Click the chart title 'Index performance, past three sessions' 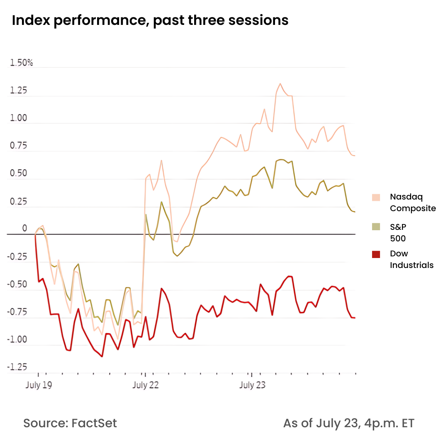pos(150,20)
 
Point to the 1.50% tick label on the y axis pos(22,63)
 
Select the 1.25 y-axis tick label pos(19,91)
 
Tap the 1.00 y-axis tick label pos(19,119)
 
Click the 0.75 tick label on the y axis pos(19,146)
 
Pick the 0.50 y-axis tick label pos(19,174)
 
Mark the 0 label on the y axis pos(24,229)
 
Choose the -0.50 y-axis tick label pos(17,285)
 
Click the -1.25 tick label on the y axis pos(17,368)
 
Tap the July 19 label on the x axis pos(39,385)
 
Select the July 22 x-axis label pos(146,385)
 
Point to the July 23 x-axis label pos(253,385)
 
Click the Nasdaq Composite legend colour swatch pos(376,197)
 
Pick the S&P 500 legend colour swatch pos(376,227)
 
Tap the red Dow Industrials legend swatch pos(376,254)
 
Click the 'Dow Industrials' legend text pos(411,259)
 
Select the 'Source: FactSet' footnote pos(70,424)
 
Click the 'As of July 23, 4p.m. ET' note pos(348,424)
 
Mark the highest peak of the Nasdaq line pos(280,84)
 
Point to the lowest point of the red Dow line pos(102,356)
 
